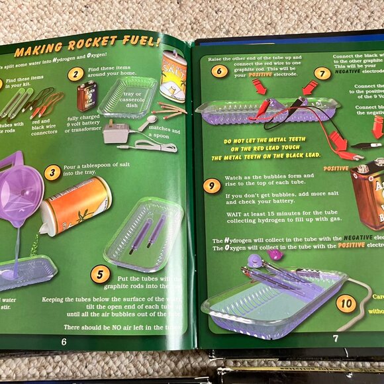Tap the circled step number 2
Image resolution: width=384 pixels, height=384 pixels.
(x=77, y=74)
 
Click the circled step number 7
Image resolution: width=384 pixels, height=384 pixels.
(x=322, y=73)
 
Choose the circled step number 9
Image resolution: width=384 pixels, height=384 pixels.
(x=212, y=186)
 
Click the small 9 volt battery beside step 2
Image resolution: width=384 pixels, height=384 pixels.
(x=86, y=96)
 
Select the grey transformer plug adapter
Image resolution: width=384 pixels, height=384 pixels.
(x=117, y=132)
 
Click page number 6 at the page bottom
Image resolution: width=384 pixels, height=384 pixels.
(x=64, y=342)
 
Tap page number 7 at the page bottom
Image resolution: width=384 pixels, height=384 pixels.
(x=335, y=338)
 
